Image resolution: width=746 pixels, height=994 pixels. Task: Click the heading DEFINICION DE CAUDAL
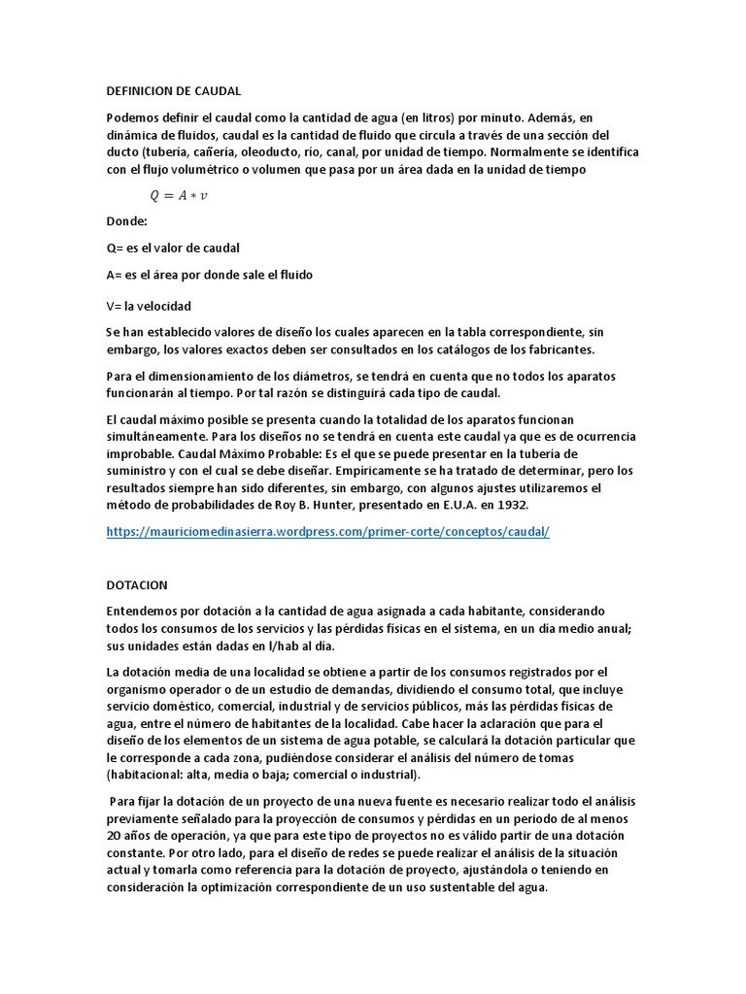[173, 91]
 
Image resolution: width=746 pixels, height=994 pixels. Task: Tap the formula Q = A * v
[178, 195]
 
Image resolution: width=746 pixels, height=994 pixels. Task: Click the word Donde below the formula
[127, 220]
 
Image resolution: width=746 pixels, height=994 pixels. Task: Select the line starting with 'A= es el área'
[210, 275]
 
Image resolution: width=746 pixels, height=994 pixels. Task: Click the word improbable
[141, 453]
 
